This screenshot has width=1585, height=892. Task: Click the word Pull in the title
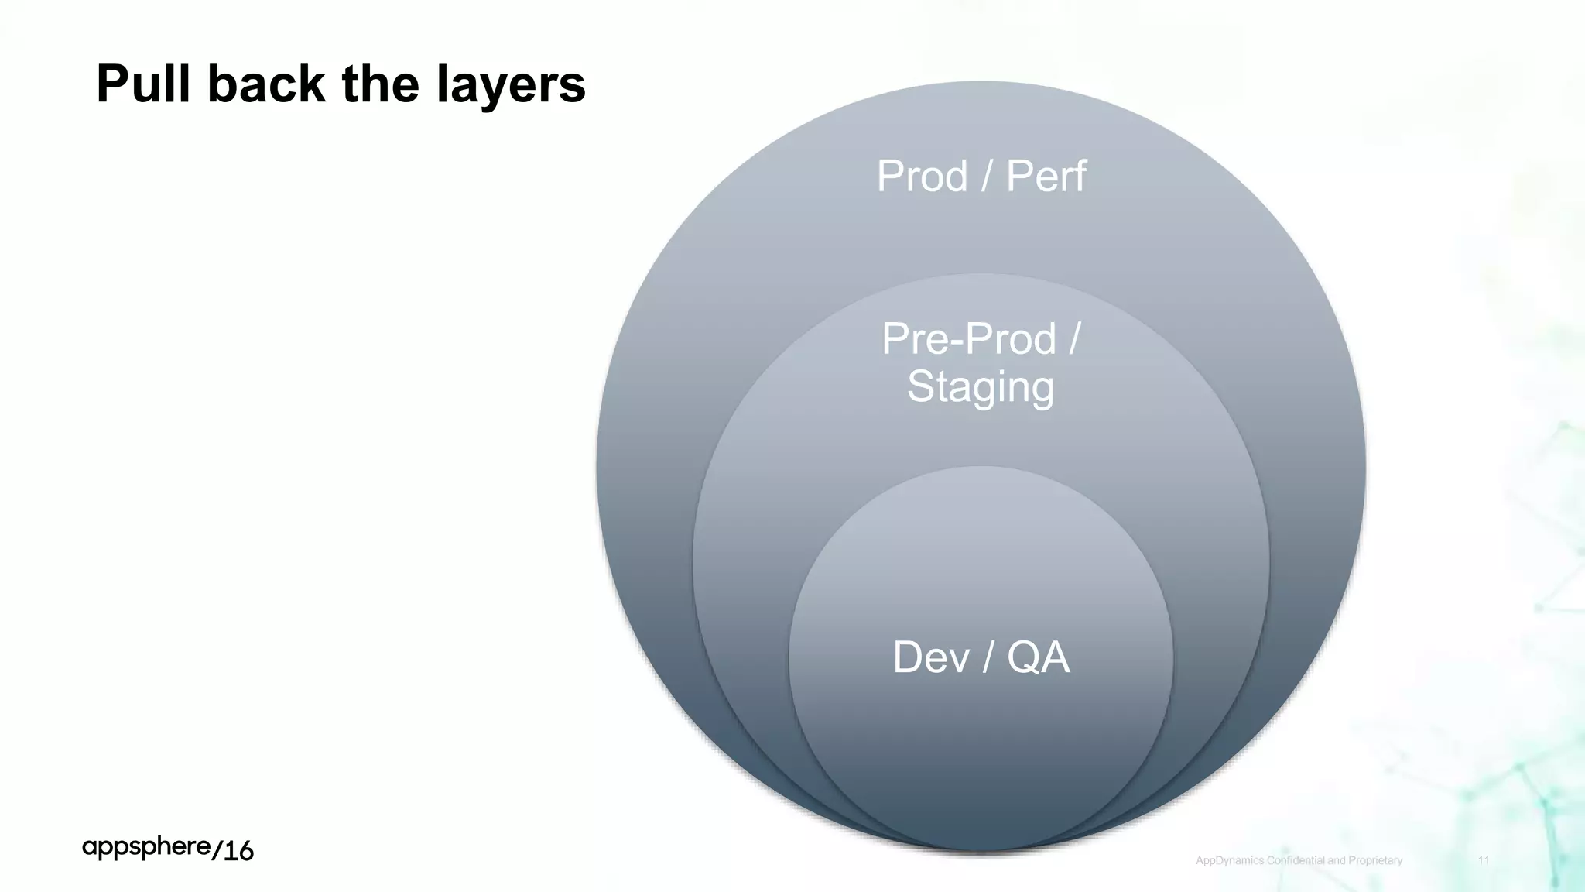tap(143, 84)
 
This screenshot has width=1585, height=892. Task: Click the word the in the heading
tap(380, 84)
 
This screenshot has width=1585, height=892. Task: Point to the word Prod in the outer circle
tap(922, 176)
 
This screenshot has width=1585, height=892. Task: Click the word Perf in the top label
tap(1046, 176)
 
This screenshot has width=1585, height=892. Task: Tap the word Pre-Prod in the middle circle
tap(968, 339)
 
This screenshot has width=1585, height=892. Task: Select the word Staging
tap(981, 387)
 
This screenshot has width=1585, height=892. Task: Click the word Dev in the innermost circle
tap(930, 657)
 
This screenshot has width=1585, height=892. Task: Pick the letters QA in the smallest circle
tap(1038, 657)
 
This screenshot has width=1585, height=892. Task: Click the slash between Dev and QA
tap(988, 657)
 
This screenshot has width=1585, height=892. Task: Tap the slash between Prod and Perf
tap(986, 176)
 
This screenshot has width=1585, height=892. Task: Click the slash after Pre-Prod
tap(1074, 339)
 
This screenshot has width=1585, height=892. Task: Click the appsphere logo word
tap(146, 848)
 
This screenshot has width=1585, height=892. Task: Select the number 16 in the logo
tap(238, 851)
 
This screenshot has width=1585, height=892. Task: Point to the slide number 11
tap(1484, 860)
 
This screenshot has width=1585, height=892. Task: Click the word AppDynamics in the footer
tap(1230, 860)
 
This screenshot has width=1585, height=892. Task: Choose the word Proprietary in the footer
tap(1374, 860)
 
